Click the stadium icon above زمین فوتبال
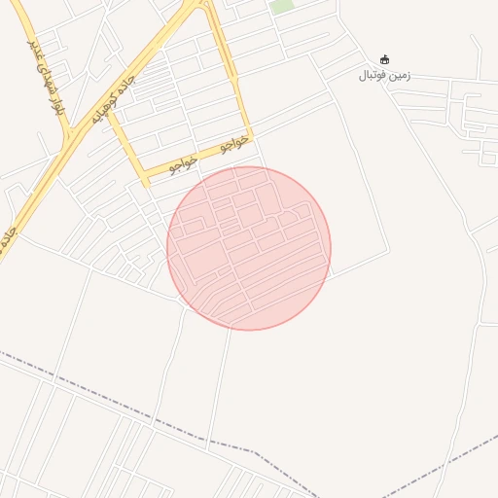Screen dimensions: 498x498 point(384,59)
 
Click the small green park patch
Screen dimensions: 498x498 point(282,6)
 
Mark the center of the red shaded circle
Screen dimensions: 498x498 point(249,248)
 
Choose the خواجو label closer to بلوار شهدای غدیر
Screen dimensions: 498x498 point(183,162)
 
